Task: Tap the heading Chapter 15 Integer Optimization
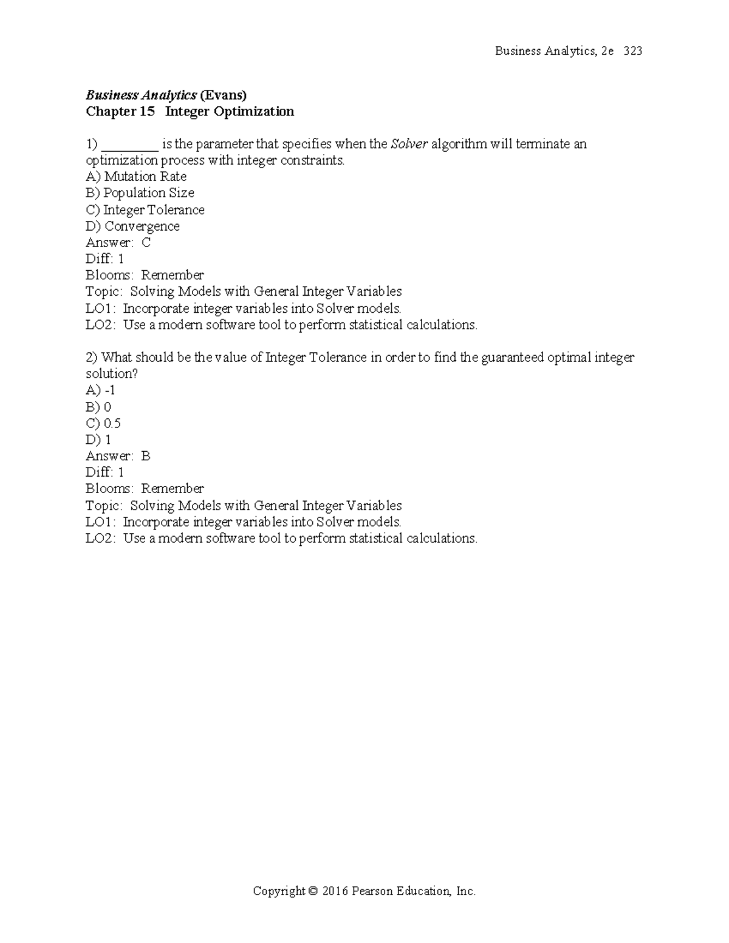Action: (x=190, y=111)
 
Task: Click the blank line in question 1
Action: (x=130, y=145)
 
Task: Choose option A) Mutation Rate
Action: (x=136, y=177)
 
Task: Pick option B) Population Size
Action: (x=140, y=193)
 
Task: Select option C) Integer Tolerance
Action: (x=145, y=210)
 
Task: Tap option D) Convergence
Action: (x=132, y=226)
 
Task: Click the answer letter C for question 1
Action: (x=146, y=243)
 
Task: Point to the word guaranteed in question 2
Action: (x=512, y=357)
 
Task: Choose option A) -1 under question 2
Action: (x=100, y=390)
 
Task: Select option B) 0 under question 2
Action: (x=98, y=407)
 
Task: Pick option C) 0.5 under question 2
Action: (x=103, y=423)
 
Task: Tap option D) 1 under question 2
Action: (x=98, y=440)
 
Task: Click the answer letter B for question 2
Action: (x=146, y=456)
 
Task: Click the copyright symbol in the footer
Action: (x=313, y=891)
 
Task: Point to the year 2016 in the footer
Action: (x=335, y=891)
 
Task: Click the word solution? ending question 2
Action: (x=112, y=374)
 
